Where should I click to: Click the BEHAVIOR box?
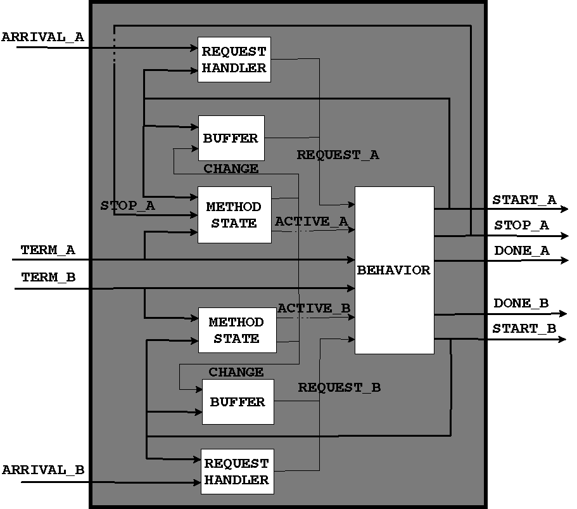pos(394,270)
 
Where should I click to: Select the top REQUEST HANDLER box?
pos(234,60)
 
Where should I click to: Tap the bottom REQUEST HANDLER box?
pos(236,472)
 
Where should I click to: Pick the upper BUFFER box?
pos(231,138)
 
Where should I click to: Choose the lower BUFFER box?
pos(238,402)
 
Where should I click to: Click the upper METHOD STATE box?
pos(234,215)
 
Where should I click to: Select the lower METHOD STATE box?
pos(236,330)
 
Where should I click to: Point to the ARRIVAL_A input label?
pos(42,37)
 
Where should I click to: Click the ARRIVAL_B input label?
pos(43,470)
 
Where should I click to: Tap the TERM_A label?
pos(48,250)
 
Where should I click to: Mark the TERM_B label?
pos(48,278)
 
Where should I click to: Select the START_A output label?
pos(524,200)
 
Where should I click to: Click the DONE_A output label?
pos(522,251)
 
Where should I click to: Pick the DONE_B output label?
pos(521,304)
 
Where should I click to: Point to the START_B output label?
pos(524,328)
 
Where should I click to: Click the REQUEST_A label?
pos(338,155)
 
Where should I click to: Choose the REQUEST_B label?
pos(339,387)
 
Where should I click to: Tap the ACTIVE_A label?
pos(312,221)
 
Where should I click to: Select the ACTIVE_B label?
pos(314,308)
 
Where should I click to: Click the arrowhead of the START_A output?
pos(564,209)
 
